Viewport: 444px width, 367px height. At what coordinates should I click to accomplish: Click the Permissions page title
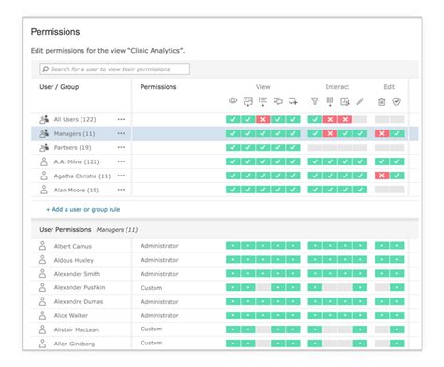55,32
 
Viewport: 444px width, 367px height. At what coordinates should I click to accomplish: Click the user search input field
114,69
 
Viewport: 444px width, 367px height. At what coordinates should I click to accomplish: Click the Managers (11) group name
75,133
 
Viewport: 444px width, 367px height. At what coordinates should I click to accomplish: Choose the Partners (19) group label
73,147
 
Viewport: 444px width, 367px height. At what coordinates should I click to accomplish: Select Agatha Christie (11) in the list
82,176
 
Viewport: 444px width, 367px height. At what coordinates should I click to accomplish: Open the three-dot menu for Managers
121,133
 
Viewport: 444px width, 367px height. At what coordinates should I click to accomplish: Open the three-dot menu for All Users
121,119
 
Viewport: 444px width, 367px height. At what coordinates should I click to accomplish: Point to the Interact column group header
337,86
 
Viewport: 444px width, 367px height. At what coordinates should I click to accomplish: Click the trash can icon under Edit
381,101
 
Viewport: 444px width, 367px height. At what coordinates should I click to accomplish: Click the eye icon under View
233,101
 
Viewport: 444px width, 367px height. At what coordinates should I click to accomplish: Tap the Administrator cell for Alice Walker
159,315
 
